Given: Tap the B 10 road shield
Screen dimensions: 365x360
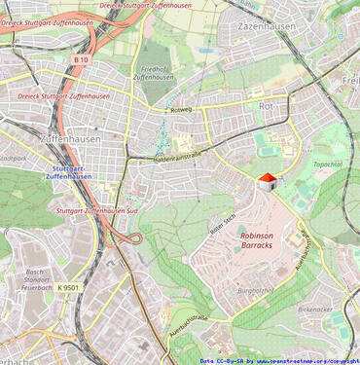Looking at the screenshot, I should [x=80, y=59].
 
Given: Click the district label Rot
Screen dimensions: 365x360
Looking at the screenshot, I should [x=266, y=105].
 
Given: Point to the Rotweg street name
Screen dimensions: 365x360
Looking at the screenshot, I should [x=182, y=111].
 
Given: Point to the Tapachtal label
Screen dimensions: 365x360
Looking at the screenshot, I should [x=328, y=165].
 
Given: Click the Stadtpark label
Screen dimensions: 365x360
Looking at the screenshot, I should [x=12, y=156].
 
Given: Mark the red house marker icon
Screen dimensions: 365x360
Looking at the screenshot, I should [x=267, y=182].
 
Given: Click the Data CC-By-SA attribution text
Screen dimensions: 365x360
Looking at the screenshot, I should [x=221, y=360].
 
